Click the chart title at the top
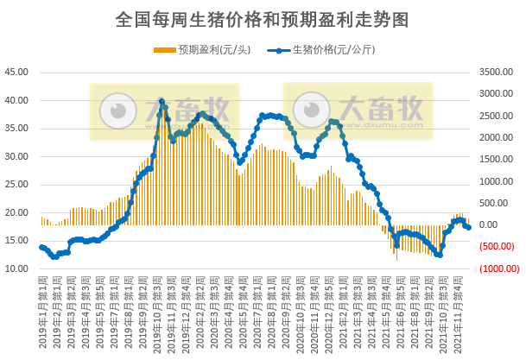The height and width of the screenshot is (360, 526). (263, 19)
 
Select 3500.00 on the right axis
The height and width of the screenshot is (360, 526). (495, 72)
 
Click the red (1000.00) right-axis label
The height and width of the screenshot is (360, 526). (493, 268)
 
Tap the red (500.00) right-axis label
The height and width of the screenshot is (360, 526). (495, 247)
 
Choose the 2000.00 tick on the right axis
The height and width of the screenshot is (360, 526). (495, 137)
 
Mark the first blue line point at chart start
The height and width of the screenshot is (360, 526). (41, 248)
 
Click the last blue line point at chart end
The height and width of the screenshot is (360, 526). (468, 227)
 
